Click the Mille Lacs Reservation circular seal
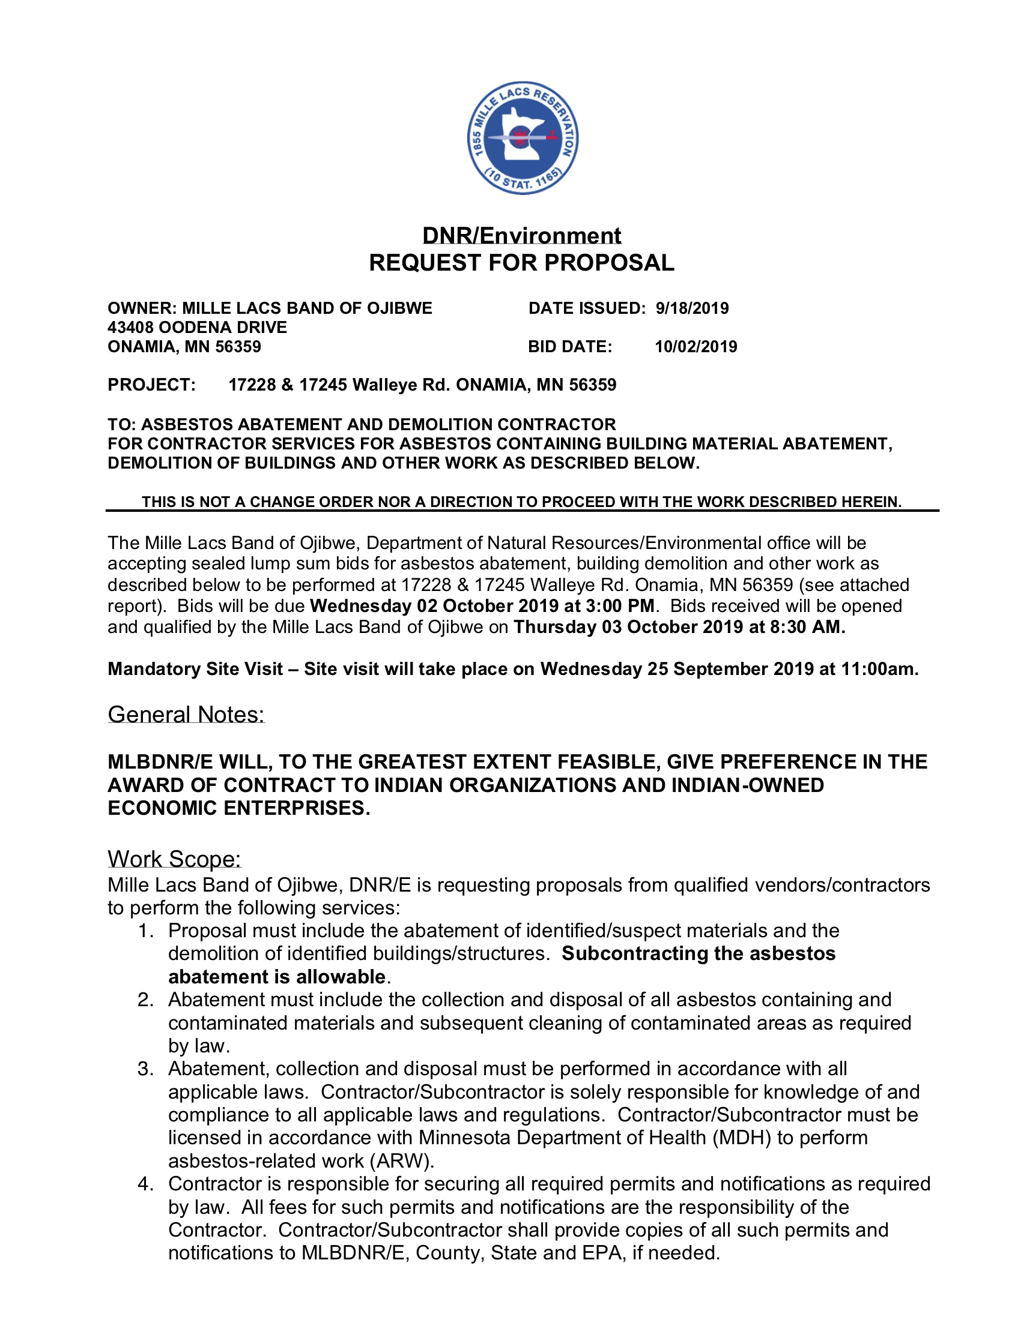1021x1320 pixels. coord(523,139)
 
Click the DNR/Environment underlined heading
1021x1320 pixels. coord(521,236)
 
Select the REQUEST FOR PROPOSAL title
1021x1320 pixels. coord(521,263)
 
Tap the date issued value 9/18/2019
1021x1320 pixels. coord(692,308)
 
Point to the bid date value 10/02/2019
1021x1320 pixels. coord(695,347)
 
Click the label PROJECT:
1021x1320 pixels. coord(152,385)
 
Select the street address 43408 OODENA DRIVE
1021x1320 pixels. coord(197,328)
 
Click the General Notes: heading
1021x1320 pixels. coord(186,715)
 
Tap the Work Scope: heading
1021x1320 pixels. coord(174,859)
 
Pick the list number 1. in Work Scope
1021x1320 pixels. coord(146,931)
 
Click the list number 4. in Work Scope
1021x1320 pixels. coord(146,1183)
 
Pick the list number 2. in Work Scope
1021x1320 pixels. coord(146,1000)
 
